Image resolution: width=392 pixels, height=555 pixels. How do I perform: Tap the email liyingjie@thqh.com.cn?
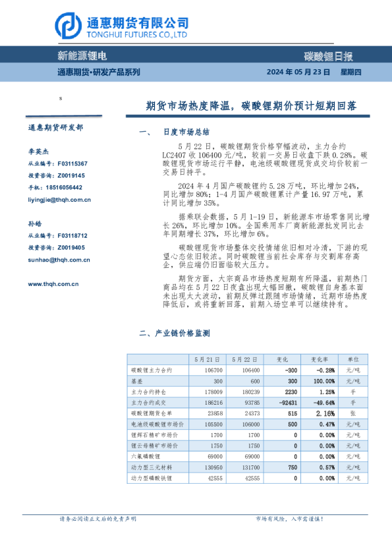tap(59, 200)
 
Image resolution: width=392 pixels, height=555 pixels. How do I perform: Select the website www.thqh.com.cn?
tap(54, 284)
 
